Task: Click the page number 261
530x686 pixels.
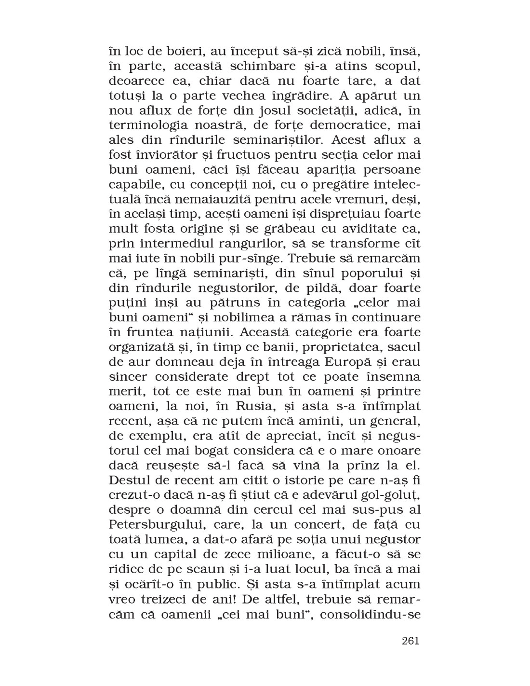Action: coord(410,641)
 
